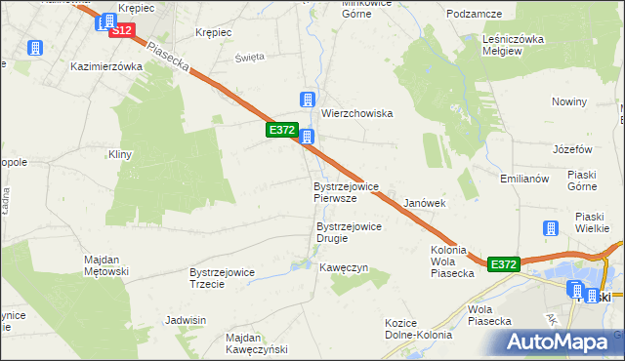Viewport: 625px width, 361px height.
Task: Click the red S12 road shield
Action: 121,30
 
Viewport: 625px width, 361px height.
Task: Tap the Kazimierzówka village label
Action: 107,66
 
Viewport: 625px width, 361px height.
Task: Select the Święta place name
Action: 250,57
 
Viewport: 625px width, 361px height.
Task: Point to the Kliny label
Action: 120,155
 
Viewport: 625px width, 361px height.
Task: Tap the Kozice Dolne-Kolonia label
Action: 418,329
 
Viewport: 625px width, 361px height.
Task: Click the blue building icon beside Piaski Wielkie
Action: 550,227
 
